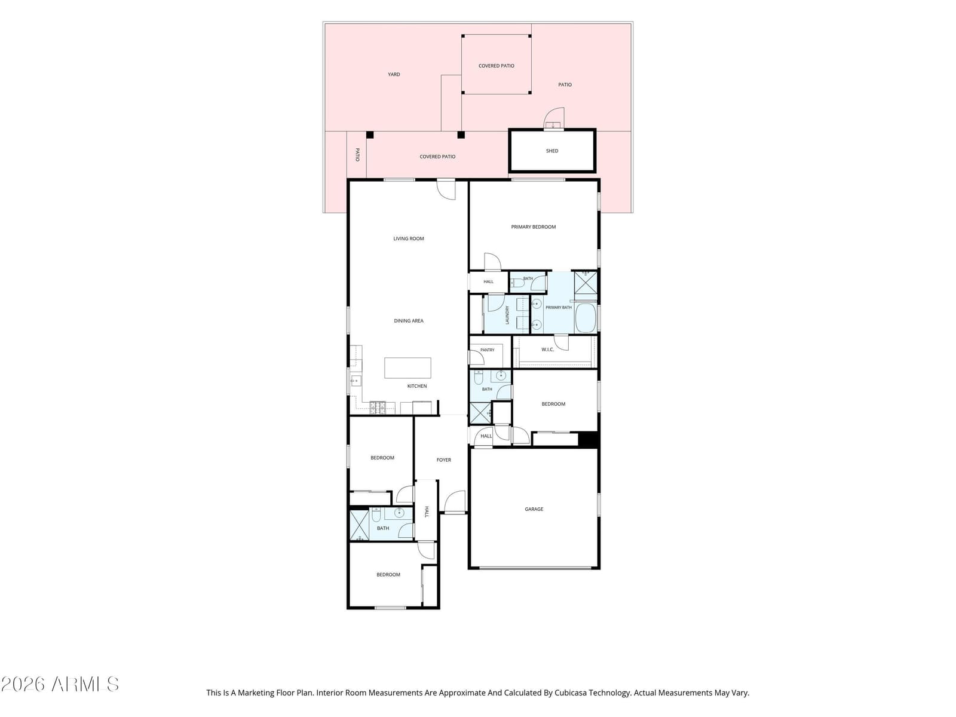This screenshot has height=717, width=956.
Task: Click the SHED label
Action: [552, 151]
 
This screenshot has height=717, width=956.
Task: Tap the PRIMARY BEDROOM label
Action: [533, 227]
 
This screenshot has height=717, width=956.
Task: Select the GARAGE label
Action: [534, 509]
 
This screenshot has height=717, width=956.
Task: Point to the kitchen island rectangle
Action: [407, 368]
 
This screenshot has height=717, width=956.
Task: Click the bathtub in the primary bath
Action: [586, 318]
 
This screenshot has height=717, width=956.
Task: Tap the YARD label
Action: [394, 75]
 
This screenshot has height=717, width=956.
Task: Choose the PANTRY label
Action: [488, 350]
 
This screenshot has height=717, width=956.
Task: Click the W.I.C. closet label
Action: [547, 350]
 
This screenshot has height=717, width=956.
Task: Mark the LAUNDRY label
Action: [507, 315]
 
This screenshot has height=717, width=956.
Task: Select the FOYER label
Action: [444, 459]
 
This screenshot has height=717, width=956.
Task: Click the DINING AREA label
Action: [409, 321]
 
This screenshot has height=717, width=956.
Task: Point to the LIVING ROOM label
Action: [409, 238]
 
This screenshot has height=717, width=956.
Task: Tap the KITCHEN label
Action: [417, 386]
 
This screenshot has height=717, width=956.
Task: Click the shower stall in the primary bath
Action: [586, 283]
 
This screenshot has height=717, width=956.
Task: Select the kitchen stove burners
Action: [378, 407]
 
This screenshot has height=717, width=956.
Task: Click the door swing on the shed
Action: [554, 118]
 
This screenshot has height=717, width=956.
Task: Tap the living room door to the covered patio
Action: [446, 190]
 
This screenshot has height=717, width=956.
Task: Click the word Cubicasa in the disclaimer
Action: [569, 693]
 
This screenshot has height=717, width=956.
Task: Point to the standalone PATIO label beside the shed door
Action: [565, 85]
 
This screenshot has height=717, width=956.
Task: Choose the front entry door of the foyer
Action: [455, 501]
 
